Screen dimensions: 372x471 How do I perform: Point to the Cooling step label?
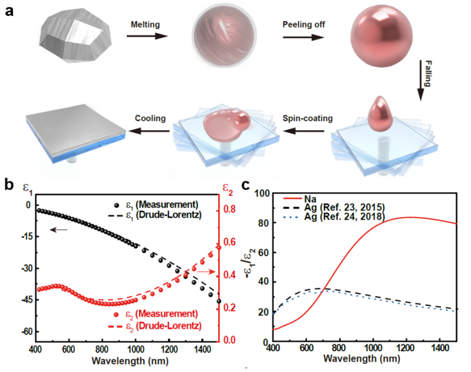[149, 117]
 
